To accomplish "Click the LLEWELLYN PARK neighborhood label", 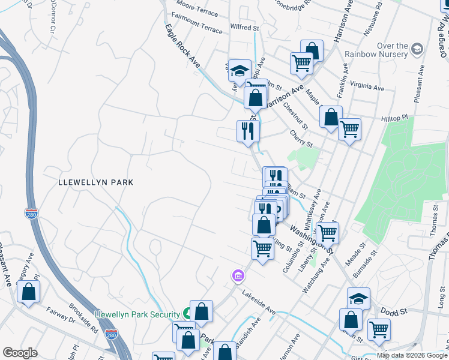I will pos(95,182).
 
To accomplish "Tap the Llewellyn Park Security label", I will pos(138,314).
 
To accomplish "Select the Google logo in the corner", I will pos(20,353).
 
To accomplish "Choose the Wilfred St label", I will pos(244,28).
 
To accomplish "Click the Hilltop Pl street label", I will pos(394,119).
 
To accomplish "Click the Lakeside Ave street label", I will pos(259,303).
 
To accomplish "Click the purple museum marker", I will pos(238,276).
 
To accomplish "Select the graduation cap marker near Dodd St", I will pos(358,298).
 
